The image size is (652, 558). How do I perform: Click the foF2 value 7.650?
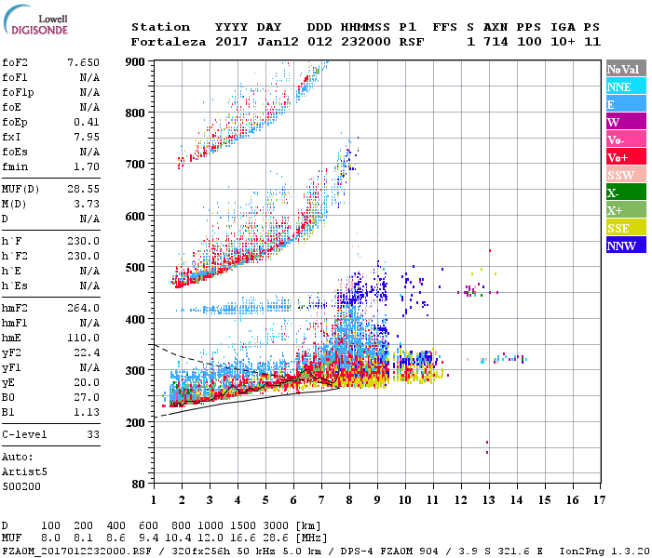pyautogui.click(x=83, y=61)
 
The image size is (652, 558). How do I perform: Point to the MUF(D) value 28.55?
pyautogui.click(x=83, y=189)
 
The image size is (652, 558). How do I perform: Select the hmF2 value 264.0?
pyautogui.click(x=83, y=308)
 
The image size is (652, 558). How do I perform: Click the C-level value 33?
pyautogui.click(x=92, y=434)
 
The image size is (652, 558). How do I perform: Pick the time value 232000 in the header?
pyautogui.click(x=365, y=42)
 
